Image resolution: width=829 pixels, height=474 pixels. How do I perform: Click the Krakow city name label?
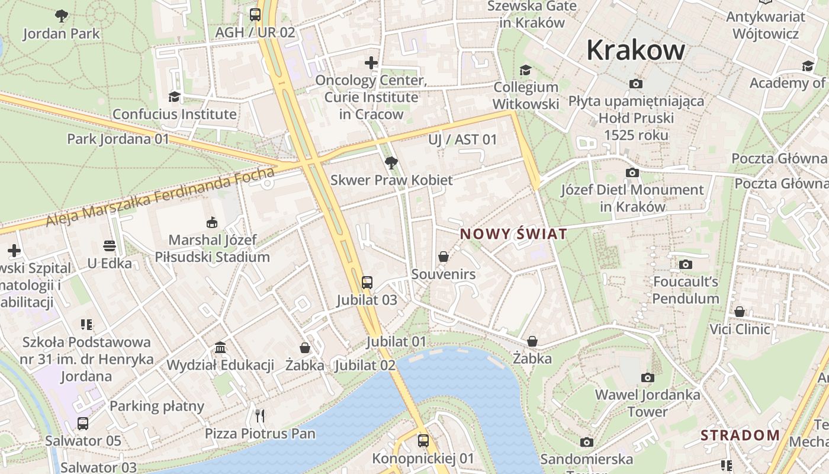(635, 50)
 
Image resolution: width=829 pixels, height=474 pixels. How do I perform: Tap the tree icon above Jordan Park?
(61, 16)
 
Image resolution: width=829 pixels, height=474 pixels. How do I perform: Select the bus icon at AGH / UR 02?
(255, 15)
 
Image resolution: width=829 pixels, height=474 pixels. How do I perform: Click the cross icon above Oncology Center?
(371, 63)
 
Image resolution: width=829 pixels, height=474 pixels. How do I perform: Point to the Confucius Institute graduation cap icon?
(174, 97)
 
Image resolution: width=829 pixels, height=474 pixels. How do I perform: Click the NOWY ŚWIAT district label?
(513, 234)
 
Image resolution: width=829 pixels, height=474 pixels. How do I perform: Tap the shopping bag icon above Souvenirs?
(443, 257)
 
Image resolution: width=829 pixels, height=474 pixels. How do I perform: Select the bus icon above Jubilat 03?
(367, 282)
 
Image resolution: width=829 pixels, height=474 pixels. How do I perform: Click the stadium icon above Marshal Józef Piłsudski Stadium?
(212, 222)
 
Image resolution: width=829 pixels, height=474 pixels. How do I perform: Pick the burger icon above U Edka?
(110, 245)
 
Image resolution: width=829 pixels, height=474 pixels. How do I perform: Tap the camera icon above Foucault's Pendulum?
(686, 264)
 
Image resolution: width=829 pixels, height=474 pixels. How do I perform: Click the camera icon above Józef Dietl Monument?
(632, 172)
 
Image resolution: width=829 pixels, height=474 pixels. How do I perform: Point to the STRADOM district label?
(740, 435)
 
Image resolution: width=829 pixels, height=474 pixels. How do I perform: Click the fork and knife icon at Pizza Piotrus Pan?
(259, 415)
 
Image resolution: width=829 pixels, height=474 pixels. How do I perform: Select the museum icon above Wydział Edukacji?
(220, 347)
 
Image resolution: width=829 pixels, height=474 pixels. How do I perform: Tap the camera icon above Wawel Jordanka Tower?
(647, 377)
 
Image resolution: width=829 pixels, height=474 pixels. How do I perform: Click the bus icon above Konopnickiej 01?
(423, 440)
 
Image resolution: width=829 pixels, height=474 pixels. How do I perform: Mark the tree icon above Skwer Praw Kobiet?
(391, 162)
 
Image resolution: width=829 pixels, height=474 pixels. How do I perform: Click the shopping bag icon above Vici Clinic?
(740, 312)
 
